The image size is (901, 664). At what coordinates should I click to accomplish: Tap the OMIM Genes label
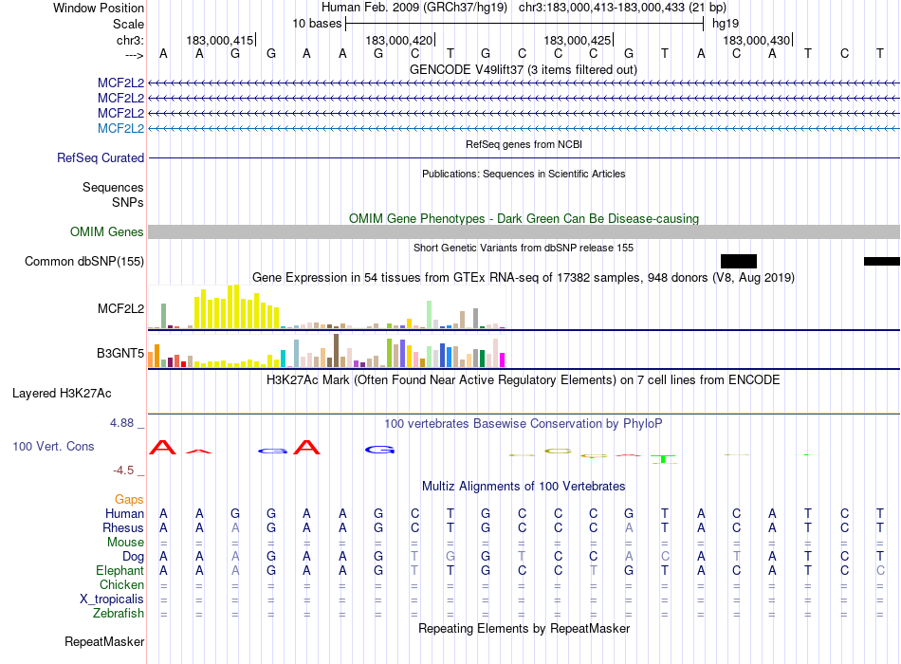107,232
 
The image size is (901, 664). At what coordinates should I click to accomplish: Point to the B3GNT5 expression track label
120,354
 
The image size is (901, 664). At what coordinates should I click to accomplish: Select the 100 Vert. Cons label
53,446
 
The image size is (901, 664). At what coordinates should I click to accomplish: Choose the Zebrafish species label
119,614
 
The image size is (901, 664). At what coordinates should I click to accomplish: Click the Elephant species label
120,571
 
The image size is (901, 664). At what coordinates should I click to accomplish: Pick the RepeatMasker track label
104,642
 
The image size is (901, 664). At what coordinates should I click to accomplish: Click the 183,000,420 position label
398,41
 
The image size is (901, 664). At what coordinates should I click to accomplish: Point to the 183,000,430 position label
756,41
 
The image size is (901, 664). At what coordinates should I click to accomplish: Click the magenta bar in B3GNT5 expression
502,360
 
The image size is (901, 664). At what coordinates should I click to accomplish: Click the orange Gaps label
129,499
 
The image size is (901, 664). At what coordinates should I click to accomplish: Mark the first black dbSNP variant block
739,261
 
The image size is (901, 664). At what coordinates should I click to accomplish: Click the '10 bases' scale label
317,23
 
